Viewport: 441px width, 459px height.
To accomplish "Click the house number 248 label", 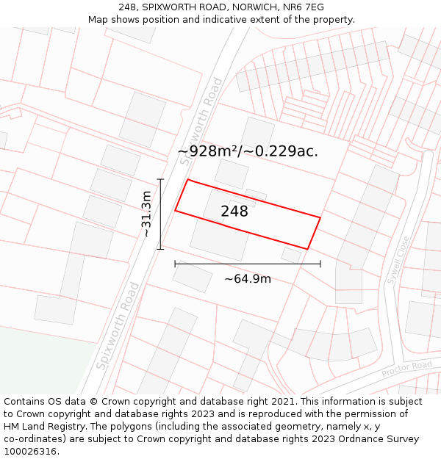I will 234,212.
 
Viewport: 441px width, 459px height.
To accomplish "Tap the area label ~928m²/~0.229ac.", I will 248,151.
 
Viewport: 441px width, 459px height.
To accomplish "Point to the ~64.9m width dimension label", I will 248,279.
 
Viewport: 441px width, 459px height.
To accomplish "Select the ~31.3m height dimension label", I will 146,214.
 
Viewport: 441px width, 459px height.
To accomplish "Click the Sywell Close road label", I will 397,259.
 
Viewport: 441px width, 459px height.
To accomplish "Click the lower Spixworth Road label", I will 117,327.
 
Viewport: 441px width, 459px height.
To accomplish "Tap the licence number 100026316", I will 32,452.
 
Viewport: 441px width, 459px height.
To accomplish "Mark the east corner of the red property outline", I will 320,217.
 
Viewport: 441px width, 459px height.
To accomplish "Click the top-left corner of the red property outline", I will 188,179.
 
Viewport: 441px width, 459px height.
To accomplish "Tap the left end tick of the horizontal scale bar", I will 175,264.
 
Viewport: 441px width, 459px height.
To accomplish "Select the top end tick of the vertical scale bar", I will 160,178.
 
